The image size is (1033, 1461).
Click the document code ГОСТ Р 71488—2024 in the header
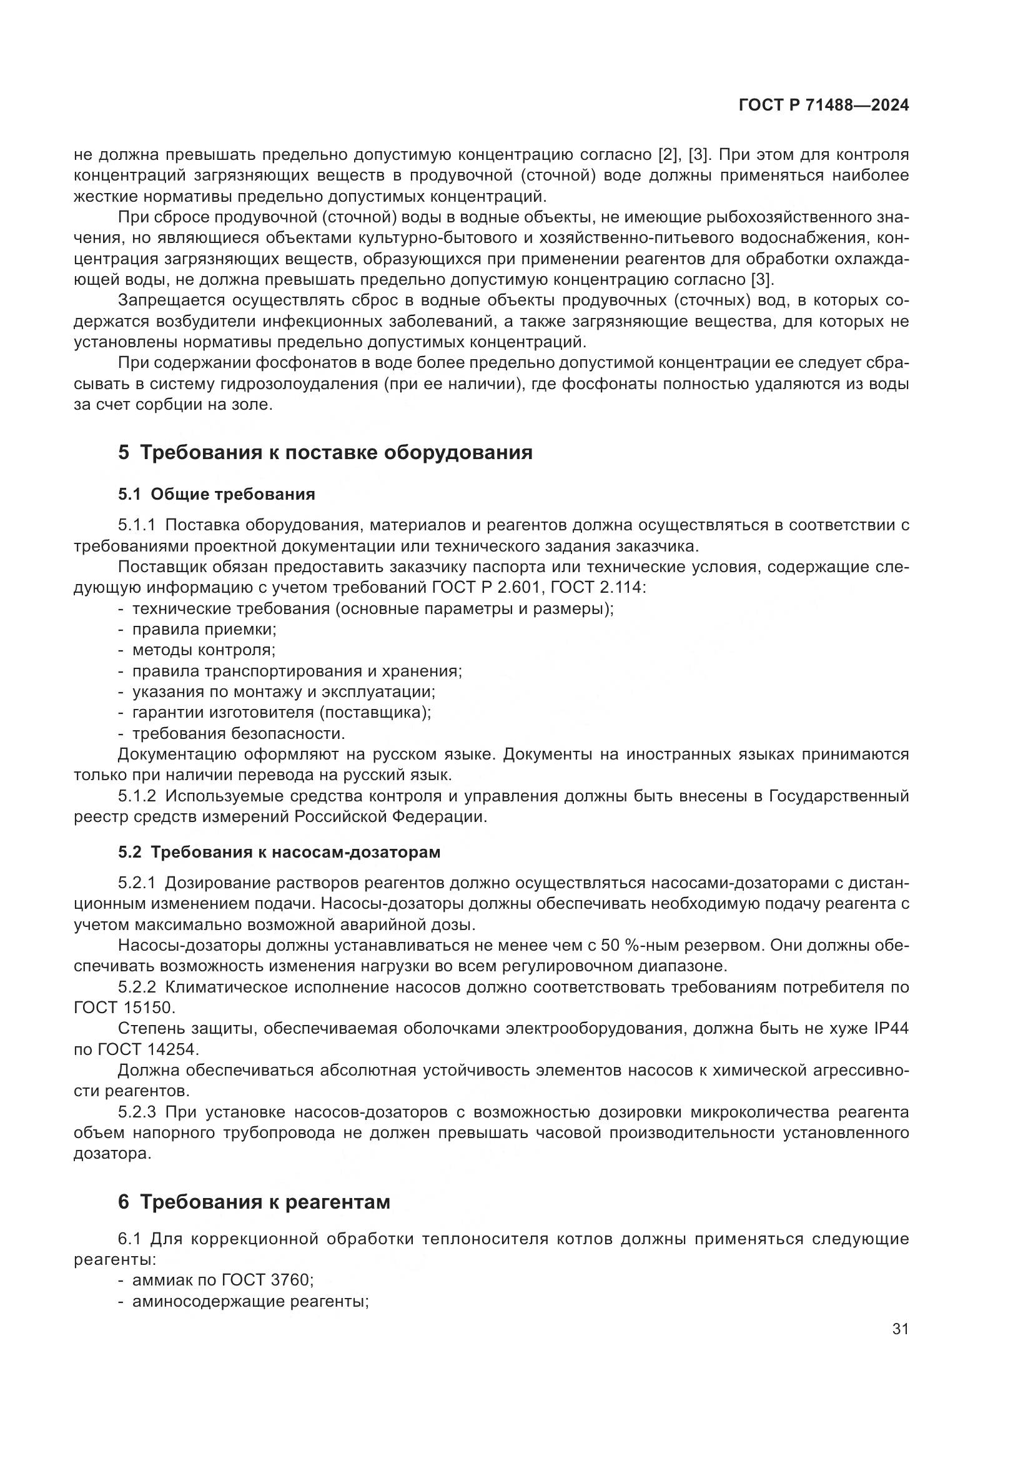823,106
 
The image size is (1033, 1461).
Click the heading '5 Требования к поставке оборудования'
325,452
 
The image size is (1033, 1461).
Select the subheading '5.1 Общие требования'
216,495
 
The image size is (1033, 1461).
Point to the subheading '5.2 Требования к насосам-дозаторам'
279,852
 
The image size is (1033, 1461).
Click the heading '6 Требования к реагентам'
254,1202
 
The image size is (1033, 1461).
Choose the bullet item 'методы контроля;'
203,650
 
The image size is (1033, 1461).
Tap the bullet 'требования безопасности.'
238,734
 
